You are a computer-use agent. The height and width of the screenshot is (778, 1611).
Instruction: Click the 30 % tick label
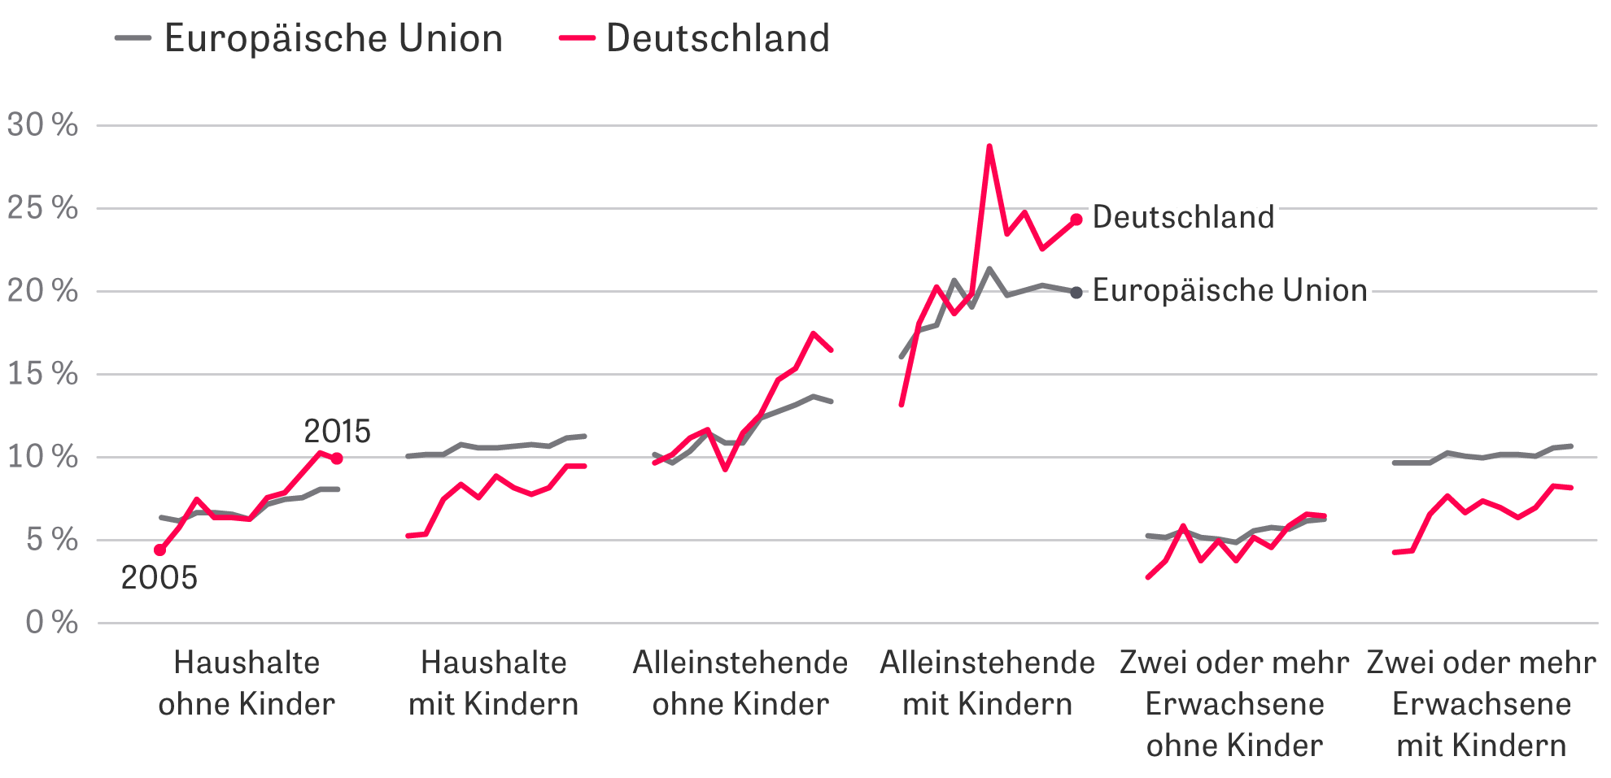(43, 125)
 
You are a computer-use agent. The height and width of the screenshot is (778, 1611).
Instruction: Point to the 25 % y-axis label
(43, 208)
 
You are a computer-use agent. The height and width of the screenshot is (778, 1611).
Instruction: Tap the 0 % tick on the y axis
(52, 623)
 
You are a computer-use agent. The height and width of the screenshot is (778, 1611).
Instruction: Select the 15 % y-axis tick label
(43, 374)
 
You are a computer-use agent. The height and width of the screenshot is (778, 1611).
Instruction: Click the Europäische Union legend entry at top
(309, 38)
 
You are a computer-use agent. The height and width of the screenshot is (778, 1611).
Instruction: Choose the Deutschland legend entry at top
(696, 38)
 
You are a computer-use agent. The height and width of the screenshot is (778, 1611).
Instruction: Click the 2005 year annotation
(159, 578)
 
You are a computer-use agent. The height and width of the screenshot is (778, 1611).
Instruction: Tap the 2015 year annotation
(337, 431)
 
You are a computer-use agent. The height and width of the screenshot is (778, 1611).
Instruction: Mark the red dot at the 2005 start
(159, 550)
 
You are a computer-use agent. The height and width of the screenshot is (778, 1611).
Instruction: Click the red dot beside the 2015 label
(337, 459)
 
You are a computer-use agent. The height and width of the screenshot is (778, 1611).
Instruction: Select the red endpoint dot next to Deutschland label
(1076, 219)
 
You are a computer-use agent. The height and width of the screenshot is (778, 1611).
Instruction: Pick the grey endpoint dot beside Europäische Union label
(1076, 293)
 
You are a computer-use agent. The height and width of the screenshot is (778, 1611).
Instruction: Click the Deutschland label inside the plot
(1184, 217)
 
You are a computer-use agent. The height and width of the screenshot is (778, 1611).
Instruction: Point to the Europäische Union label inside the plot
(1230, 290)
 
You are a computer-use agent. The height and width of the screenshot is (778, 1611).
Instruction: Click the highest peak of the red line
(989, 146)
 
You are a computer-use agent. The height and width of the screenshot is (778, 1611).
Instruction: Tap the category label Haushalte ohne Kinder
(247, 683)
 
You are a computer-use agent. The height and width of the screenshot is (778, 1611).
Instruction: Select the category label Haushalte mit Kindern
(494, 683)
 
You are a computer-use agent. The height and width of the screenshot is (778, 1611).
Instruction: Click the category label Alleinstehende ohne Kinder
(740, 683)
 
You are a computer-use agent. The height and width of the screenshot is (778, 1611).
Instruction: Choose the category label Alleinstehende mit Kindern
(988, 683)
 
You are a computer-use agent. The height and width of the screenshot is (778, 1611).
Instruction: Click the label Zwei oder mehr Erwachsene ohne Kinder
(1234, 704)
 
